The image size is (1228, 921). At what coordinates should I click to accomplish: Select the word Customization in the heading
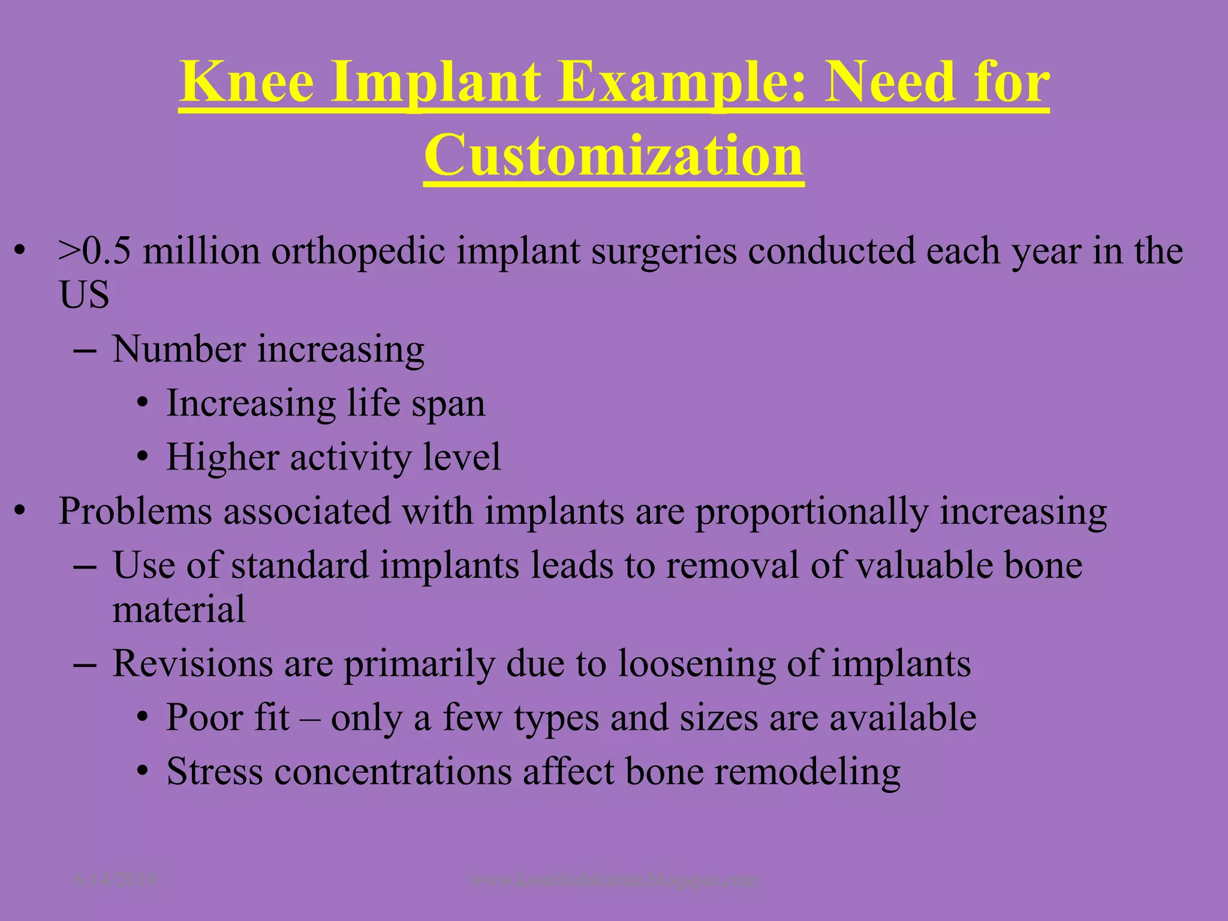pos(613,155)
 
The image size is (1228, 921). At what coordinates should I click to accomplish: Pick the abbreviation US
pos(84,295)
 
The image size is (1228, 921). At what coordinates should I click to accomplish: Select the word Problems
pos(135,512)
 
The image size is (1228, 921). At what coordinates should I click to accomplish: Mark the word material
pos(179,609)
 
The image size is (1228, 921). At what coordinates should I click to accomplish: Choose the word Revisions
pos(192,664)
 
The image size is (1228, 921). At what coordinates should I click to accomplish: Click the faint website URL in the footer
pos(613,880)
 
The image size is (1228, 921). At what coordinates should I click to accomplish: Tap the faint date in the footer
pos(115,880)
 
